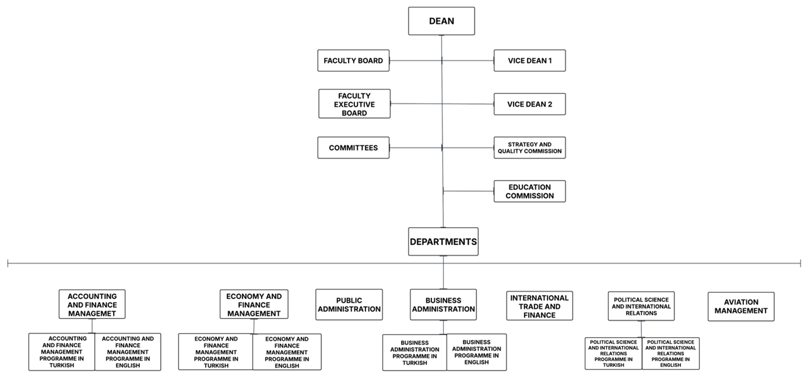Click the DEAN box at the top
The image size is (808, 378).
point(441,21)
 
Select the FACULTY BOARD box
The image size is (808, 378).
point(353,61)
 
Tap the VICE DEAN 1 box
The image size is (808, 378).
point(529,61)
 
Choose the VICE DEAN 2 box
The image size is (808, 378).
point(529,104)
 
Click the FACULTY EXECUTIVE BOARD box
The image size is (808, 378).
point(354,104)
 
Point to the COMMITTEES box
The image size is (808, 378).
point(353,148)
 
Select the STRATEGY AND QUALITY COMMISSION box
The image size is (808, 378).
point(529,148)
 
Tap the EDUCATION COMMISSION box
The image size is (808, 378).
point(529,192)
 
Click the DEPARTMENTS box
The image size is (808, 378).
point(443,242)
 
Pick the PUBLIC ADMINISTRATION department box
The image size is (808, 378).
point(349,305)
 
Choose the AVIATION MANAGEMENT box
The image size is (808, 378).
point(741,306)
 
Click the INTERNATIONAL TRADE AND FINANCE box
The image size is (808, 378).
point(539,306)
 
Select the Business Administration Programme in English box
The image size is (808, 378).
point(476,352)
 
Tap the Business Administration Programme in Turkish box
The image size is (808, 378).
point(415,352)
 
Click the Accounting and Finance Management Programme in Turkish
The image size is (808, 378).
point(62,352)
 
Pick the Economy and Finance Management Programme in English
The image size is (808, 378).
point(287,352)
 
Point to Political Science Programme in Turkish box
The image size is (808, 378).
point(613,353)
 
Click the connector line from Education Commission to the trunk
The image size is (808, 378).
point(468,191)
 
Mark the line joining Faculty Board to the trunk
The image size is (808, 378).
point(416,61)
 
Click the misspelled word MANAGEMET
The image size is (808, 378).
point(92,313)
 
